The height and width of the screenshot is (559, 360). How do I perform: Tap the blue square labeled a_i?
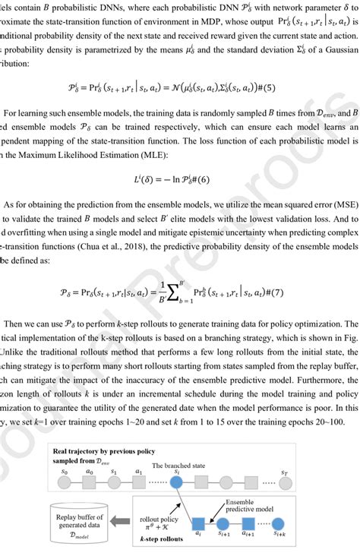(198, 522)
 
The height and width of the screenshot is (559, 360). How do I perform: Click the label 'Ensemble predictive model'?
(250, 504)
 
